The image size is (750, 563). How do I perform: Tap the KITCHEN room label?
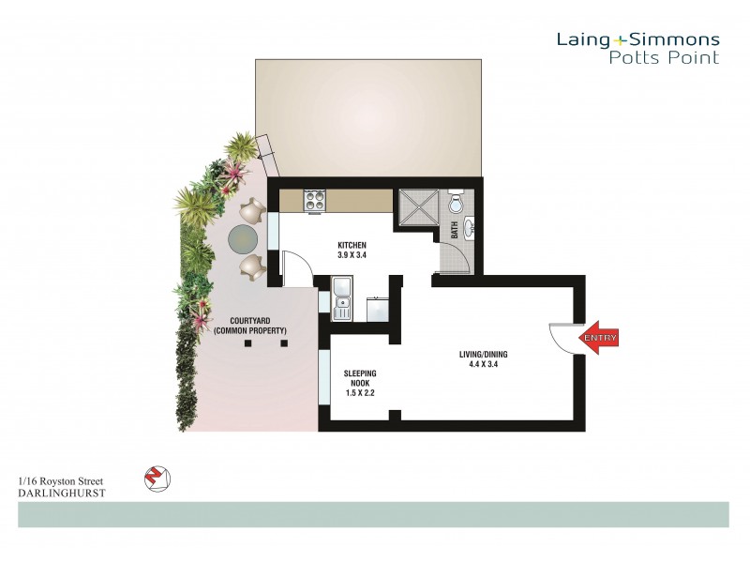click(x=352, y=245)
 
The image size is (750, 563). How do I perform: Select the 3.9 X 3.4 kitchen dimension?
click(x=352, y=255)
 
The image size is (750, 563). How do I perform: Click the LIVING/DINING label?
click(x=483, y=354)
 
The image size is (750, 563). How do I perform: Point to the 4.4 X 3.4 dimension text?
click(x=483, y=364)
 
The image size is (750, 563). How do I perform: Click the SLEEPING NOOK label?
click(x=360, y=378)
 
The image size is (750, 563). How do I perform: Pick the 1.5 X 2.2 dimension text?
click(x=360, y=394)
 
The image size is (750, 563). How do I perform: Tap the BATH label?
click(x=455, y=230)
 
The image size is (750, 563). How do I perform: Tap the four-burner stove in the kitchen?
click(x=313, y=200)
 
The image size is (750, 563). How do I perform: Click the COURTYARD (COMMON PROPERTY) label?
click(x=250, y=326)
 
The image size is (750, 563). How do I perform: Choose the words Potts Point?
click(x=663, y=58)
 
